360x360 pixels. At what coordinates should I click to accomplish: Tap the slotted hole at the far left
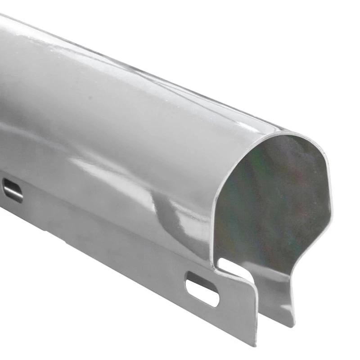click(13, 190)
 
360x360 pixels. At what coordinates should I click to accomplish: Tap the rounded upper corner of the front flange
click(250, 283)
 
